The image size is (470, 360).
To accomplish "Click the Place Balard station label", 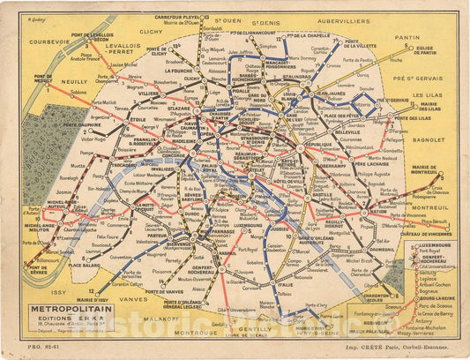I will pyautogui.click(x=85, y=265).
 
